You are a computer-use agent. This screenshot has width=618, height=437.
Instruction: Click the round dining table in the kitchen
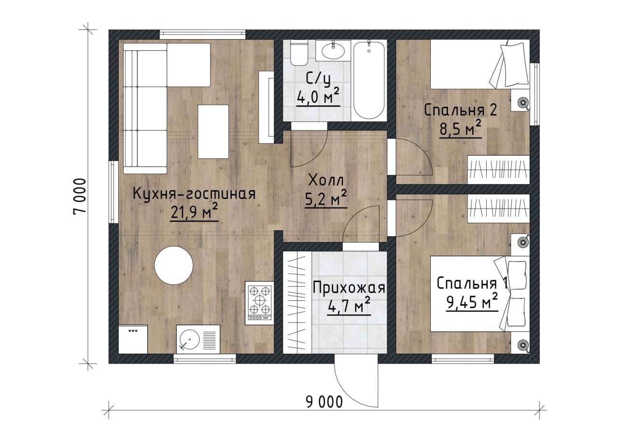(173, 265)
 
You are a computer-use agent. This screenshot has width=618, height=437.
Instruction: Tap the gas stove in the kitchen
(259, 303)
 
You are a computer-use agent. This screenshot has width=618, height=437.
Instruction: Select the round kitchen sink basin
(190, 339)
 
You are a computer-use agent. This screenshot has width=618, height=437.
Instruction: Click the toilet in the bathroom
(299, 53)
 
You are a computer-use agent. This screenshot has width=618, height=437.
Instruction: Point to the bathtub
(369, 80)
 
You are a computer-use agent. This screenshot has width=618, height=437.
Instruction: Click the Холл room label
(326, 181)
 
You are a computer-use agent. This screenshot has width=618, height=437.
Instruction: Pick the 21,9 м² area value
(195, 212)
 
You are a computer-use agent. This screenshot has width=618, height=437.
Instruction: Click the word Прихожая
(349, 289)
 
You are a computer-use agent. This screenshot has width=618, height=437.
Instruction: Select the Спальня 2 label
(461, 111)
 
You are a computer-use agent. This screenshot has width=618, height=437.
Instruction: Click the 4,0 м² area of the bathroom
(318, 98)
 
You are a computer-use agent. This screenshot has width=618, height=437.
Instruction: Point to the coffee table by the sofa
(213, 132)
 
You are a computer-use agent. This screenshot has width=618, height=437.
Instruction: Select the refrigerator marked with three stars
(133, 339)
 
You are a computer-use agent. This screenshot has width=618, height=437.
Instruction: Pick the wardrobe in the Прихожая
(297, 303)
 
